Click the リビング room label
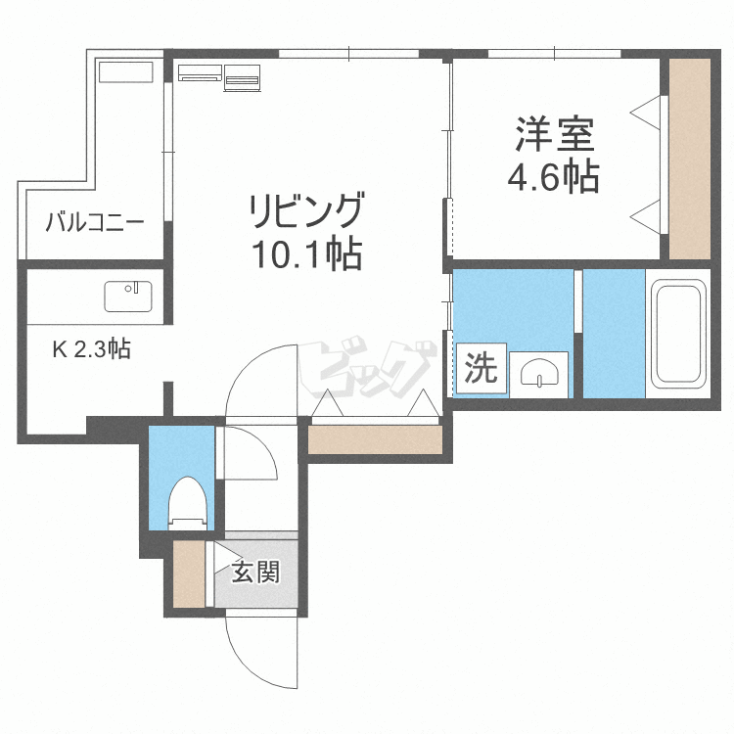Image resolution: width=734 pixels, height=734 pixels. pos(306,211)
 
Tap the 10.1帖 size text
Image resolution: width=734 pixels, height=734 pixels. pos(306,255)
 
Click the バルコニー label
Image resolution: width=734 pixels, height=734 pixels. pos(95,222)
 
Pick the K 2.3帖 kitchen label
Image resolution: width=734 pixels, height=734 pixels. pos(92,348)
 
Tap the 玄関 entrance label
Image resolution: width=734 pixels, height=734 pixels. pos(255,572)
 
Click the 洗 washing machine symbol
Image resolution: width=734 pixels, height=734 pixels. pos(481,369)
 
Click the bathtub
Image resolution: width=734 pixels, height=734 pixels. pos(678,333)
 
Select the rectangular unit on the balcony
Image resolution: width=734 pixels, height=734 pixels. pos(126,72)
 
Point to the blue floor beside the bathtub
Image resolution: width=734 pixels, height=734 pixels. pos(614,333)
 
